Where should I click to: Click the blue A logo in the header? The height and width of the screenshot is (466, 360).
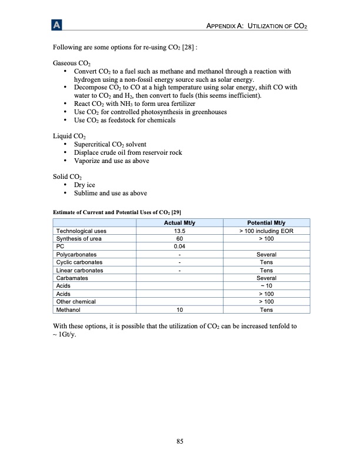click(x=56, y=25)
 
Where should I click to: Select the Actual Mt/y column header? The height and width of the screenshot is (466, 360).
click(x=180, y=222)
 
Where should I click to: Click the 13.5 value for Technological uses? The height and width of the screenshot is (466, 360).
click(x=180, y=231)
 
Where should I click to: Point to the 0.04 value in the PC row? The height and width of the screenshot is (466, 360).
click(x=180, y=246)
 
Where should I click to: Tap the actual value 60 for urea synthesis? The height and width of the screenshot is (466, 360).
click(x=180, y=238)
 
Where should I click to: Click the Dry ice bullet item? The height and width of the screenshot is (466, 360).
click(x=84, y=185)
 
